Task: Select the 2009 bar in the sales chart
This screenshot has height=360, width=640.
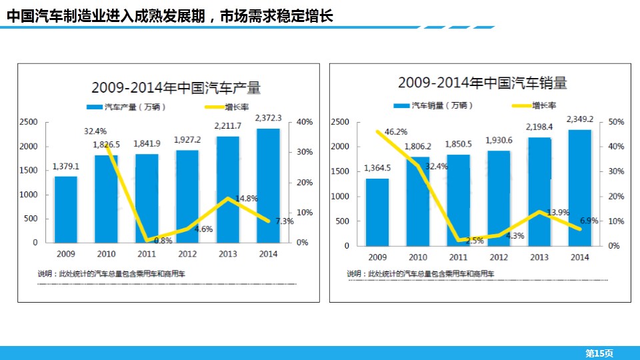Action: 377,212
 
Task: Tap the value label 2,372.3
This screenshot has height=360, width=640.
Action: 269,118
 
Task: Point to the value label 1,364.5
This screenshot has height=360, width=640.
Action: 377,168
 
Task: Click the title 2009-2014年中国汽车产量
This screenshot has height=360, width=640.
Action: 176,87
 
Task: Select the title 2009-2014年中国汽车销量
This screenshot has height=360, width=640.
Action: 483,83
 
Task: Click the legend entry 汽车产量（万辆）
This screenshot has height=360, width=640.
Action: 128,107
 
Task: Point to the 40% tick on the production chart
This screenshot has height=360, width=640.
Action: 303,122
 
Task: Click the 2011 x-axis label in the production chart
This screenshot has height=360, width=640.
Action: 147,253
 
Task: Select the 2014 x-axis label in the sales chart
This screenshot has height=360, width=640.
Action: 580,257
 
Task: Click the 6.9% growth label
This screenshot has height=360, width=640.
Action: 588,220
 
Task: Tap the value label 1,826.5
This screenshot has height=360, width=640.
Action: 107,144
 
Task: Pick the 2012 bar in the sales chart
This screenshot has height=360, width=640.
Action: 499,198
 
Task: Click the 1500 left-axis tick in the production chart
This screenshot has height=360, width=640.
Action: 28,171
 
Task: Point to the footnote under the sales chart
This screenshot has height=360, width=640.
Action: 421,274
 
